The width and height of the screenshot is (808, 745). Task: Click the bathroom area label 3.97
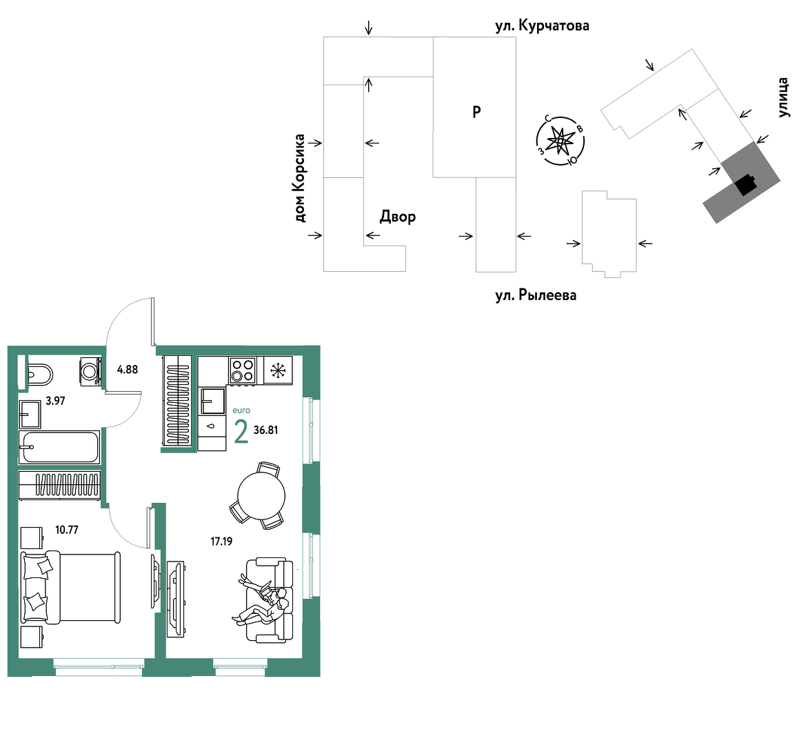[x=55, y=401]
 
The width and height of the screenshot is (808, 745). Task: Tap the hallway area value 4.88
[x=128, y=369]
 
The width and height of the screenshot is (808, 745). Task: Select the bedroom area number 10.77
[x=67, y=530]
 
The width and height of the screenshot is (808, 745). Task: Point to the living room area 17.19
[x=221, y=541]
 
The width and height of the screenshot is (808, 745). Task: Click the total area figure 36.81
[x=266, y=430]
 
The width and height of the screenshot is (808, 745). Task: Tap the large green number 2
[x=241, y=432]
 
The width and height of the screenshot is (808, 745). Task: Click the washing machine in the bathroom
[x=90, y=370]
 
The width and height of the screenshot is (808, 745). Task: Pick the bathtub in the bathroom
[x=59, y=447]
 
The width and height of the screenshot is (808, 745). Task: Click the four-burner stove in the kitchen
[x=243, y=370]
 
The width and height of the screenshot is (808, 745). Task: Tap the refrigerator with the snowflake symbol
[x=278, y=370]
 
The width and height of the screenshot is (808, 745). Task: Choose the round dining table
[x=261, y=495]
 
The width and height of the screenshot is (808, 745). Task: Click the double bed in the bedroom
[x=70, y=587]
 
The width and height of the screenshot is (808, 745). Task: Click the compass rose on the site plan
[x=560, y=141]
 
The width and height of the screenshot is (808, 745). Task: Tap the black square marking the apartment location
[x=746, y=185]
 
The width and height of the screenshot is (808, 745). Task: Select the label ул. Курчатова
[x=542, y=26]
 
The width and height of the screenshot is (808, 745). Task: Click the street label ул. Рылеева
[x=536, y=295]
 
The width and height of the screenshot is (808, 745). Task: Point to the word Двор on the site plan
[x=398, y=217]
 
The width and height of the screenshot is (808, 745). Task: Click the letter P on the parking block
[x=476, y=111]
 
